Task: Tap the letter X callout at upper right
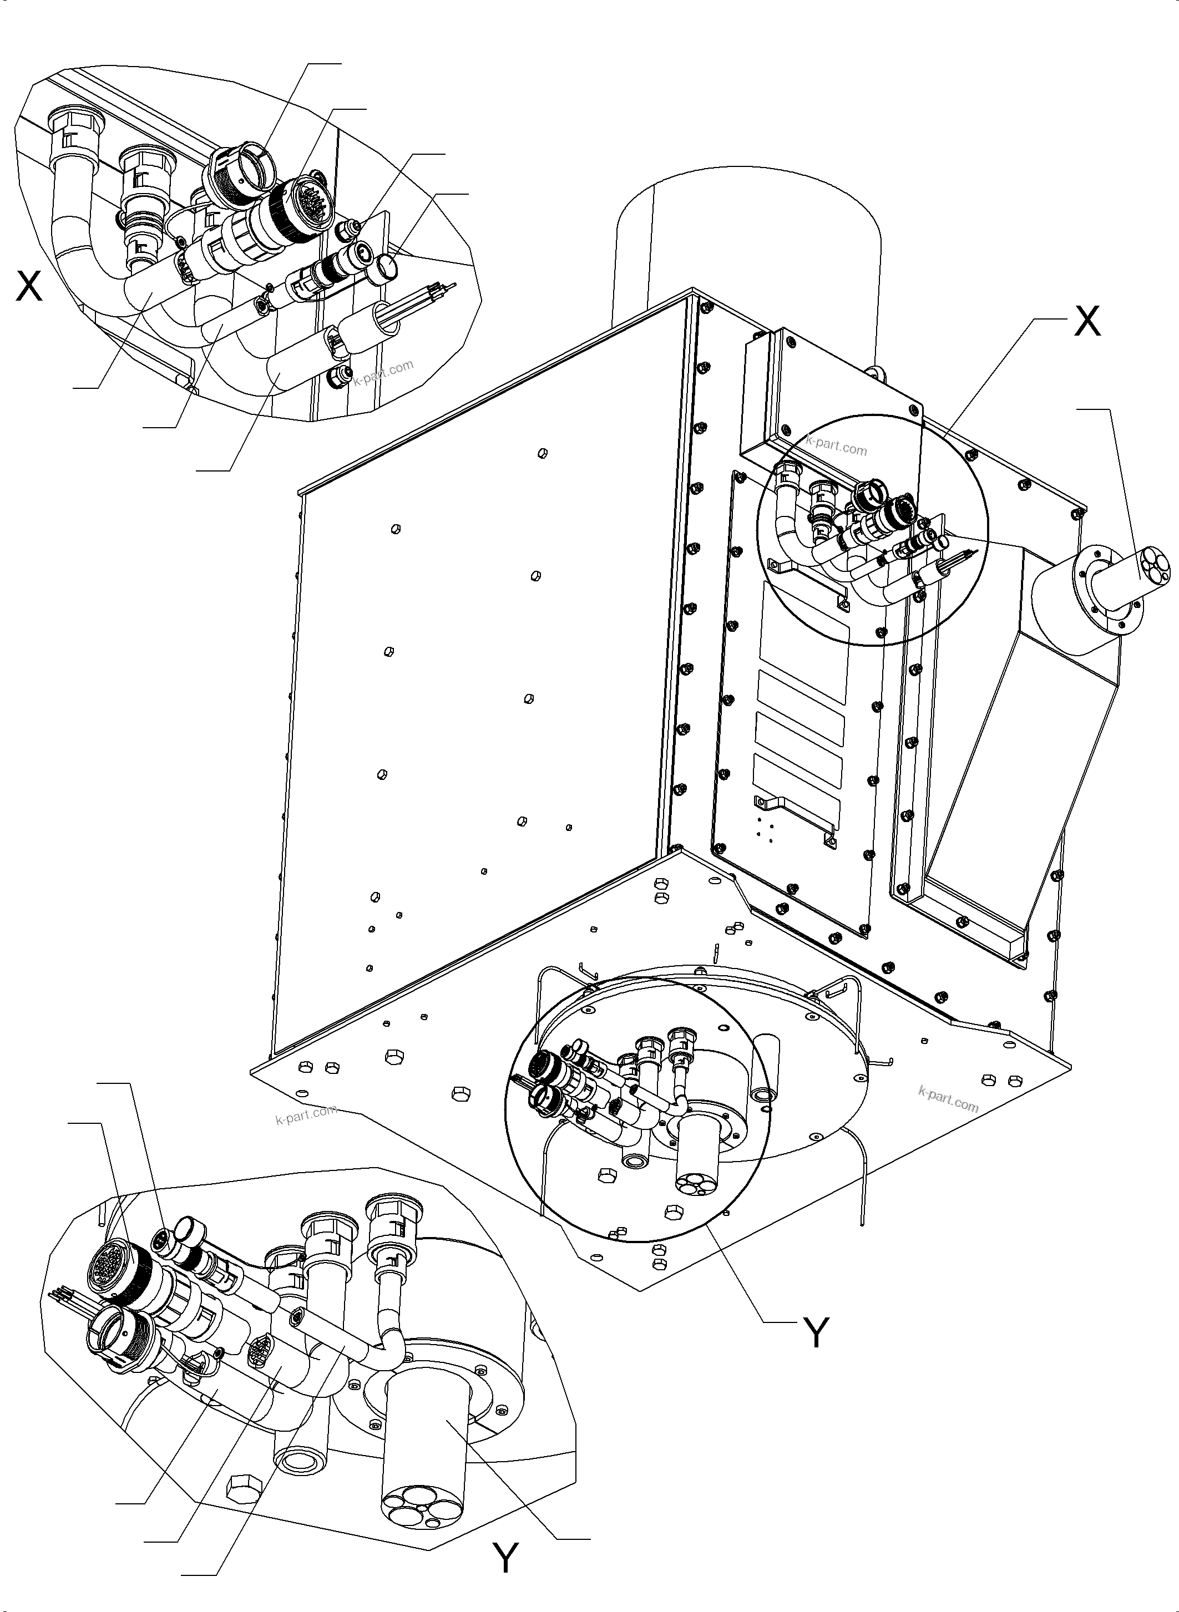(1087, 322)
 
